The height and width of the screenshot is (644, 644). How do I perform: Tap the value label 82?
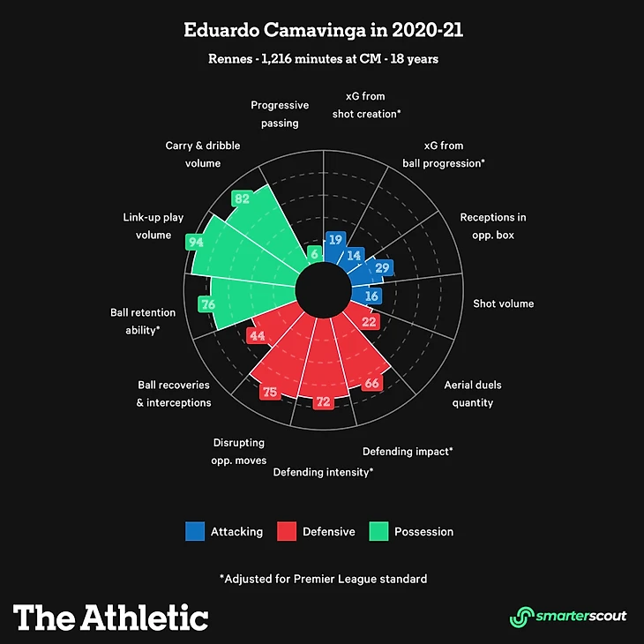pyautogui.click(x=241, y=198)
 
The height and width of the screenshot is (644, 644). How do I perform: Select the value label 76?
pyautogui.click(x=208, y=305)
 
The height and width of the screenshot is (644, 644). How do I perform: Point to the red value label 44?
pyautogui.click(x=257, y=336)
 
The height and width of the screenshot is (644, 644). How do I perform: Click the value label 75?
pyautogui.click(x=270, y=392)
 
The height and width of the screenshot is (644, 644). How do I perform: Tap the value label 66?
pyautogui.click(x=372, y=383)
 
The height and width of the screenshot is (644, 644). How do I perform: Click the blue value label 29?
pyautogui.click(x=382, y=267)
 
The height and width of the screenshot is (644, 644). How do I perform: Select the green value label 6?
pyautogui.click(x=314, y=253)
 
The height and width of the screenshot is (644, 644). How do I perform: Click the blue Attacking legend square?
pyautogui.click(x=195, y=531)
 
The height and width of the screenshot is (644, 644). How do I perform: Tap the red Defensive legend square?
pyautogui.click(x=287, y=531)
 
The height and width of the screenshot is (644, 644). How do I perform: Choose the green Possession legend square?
pyautogui.click(x=378, y=531)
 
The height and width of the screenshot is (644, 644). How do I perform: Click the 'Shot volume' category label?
pyautogui.click(x=503, y=303)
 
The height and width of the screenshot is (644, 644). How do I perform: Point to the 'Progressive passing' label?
pyautogui.click(x=280, y=114)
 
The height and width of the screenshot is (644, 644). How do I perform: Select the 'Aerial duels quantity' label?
pyautogui.click(x=471, y=393)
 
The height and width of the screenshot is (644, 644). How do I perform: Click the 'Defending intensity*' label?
pyautogui.click(x=323, y=472)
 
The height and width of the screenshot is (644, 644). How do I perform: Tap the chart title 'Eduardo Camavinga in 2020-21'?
pyautogui.click(x=323, y=30)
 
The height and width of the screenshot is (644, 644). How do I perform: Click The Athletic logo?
pyautogui.click(x=110, y=616)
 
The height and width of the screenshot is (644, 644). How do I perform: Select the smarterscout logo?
pyautogui.click(x=568, y=616)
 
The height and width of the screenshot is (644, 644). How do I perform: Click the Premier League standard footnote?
pyautogui.click(x=323, y=579)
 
